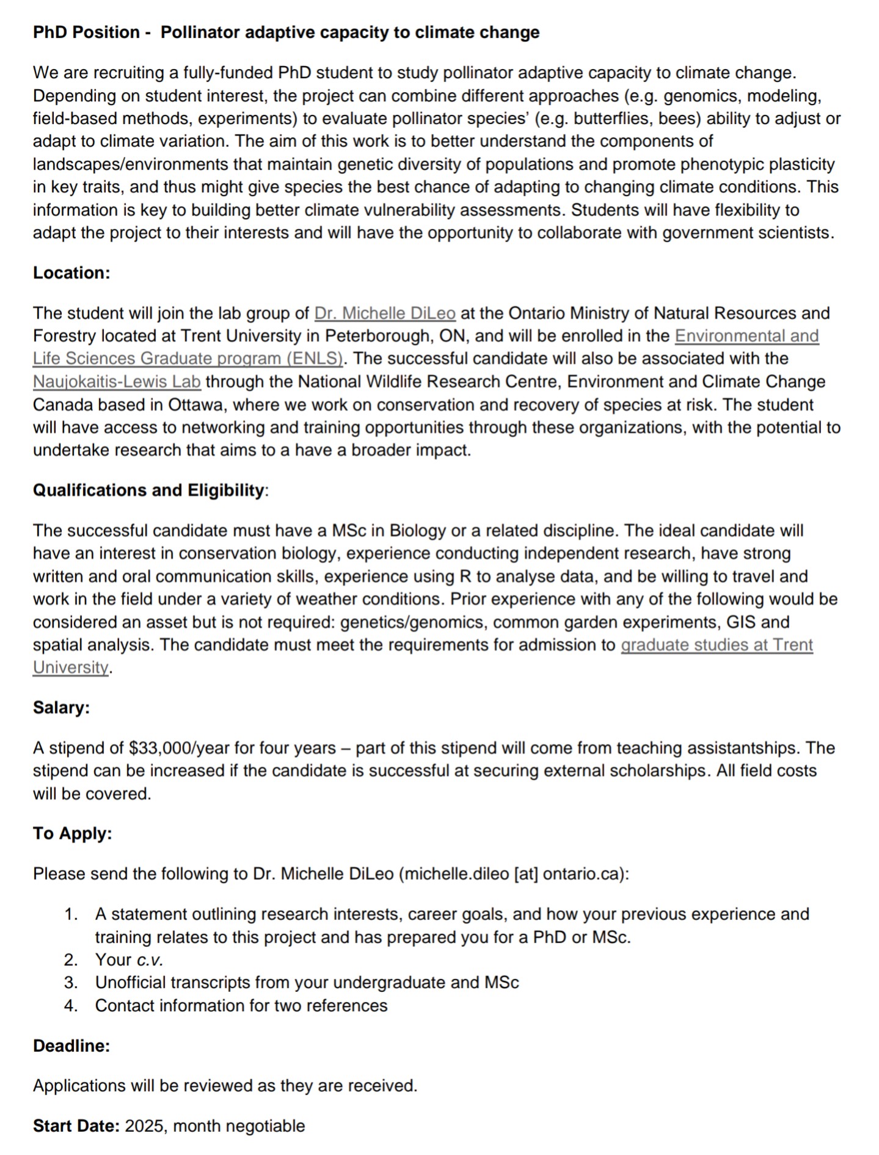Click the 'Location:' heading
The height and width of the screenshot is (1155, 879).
pos(71,273)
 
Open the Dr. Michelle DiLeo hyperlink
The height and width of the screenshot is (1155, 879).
pos(384,313)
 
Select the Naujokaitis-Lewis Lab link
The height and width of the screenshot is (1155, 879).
pos(117,382)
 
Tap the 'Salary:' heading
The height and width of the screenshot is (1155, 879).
pos(61,708)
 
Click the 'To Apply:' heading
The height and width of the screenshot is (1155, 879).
pos(73,834)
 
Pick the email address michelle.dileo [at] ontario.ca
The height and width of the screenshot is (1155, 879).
pos(514,874)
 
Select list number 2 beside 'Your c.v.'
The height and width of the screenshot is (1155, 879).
pos(71,960)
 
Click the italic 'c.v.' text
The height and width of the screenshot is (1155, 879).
pos(150,960)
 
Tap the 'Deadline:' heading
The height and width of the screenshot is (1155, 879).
pos(71,1046)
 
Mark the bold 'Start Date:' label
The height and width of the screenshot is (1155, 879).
pos(76,1126)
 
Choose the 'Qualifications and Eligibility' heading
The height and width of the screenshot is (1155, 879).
pos(148,490)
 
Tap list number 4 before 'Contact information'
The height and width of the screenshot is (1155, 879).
pos(71,1005)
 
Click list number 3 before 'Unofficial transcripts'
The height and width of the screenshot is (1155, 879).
pos(71,982)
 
